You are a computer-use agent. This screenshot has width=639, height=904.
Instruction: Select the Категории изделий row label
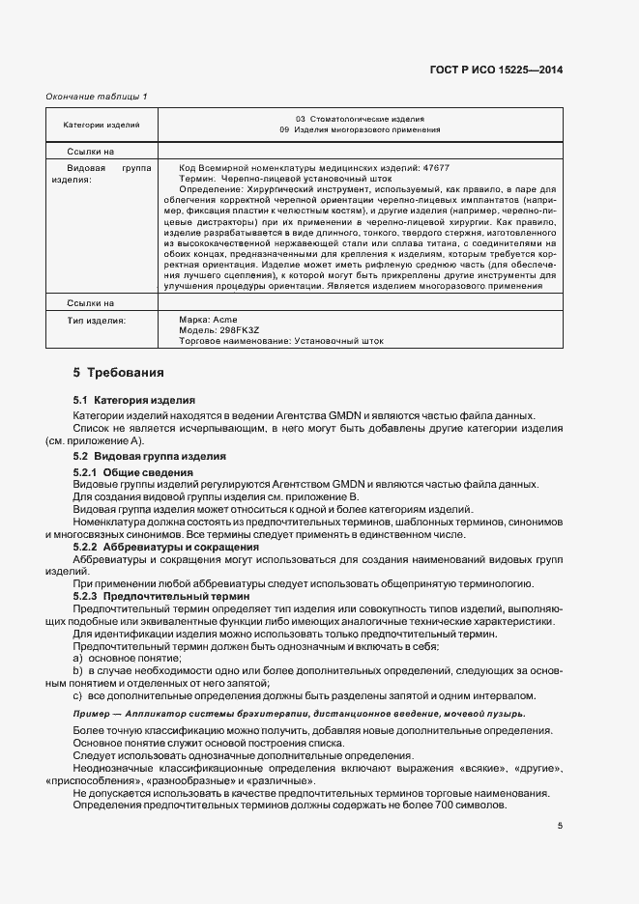[x=102, y=125]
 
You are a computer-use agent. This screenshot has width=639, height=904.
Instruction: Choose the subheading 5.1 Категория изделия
[x=134, y=400]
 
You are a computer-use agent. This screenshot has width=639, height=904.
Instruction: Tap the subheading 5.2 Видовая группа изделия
[x=150, y=456]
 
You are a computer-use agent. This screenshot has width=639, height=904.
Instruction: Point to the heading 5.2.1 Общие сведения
[x=133, y=471]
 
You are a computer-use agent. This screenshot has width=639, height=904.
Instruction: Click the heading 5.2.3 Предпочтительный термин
[x=154, y=597]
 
